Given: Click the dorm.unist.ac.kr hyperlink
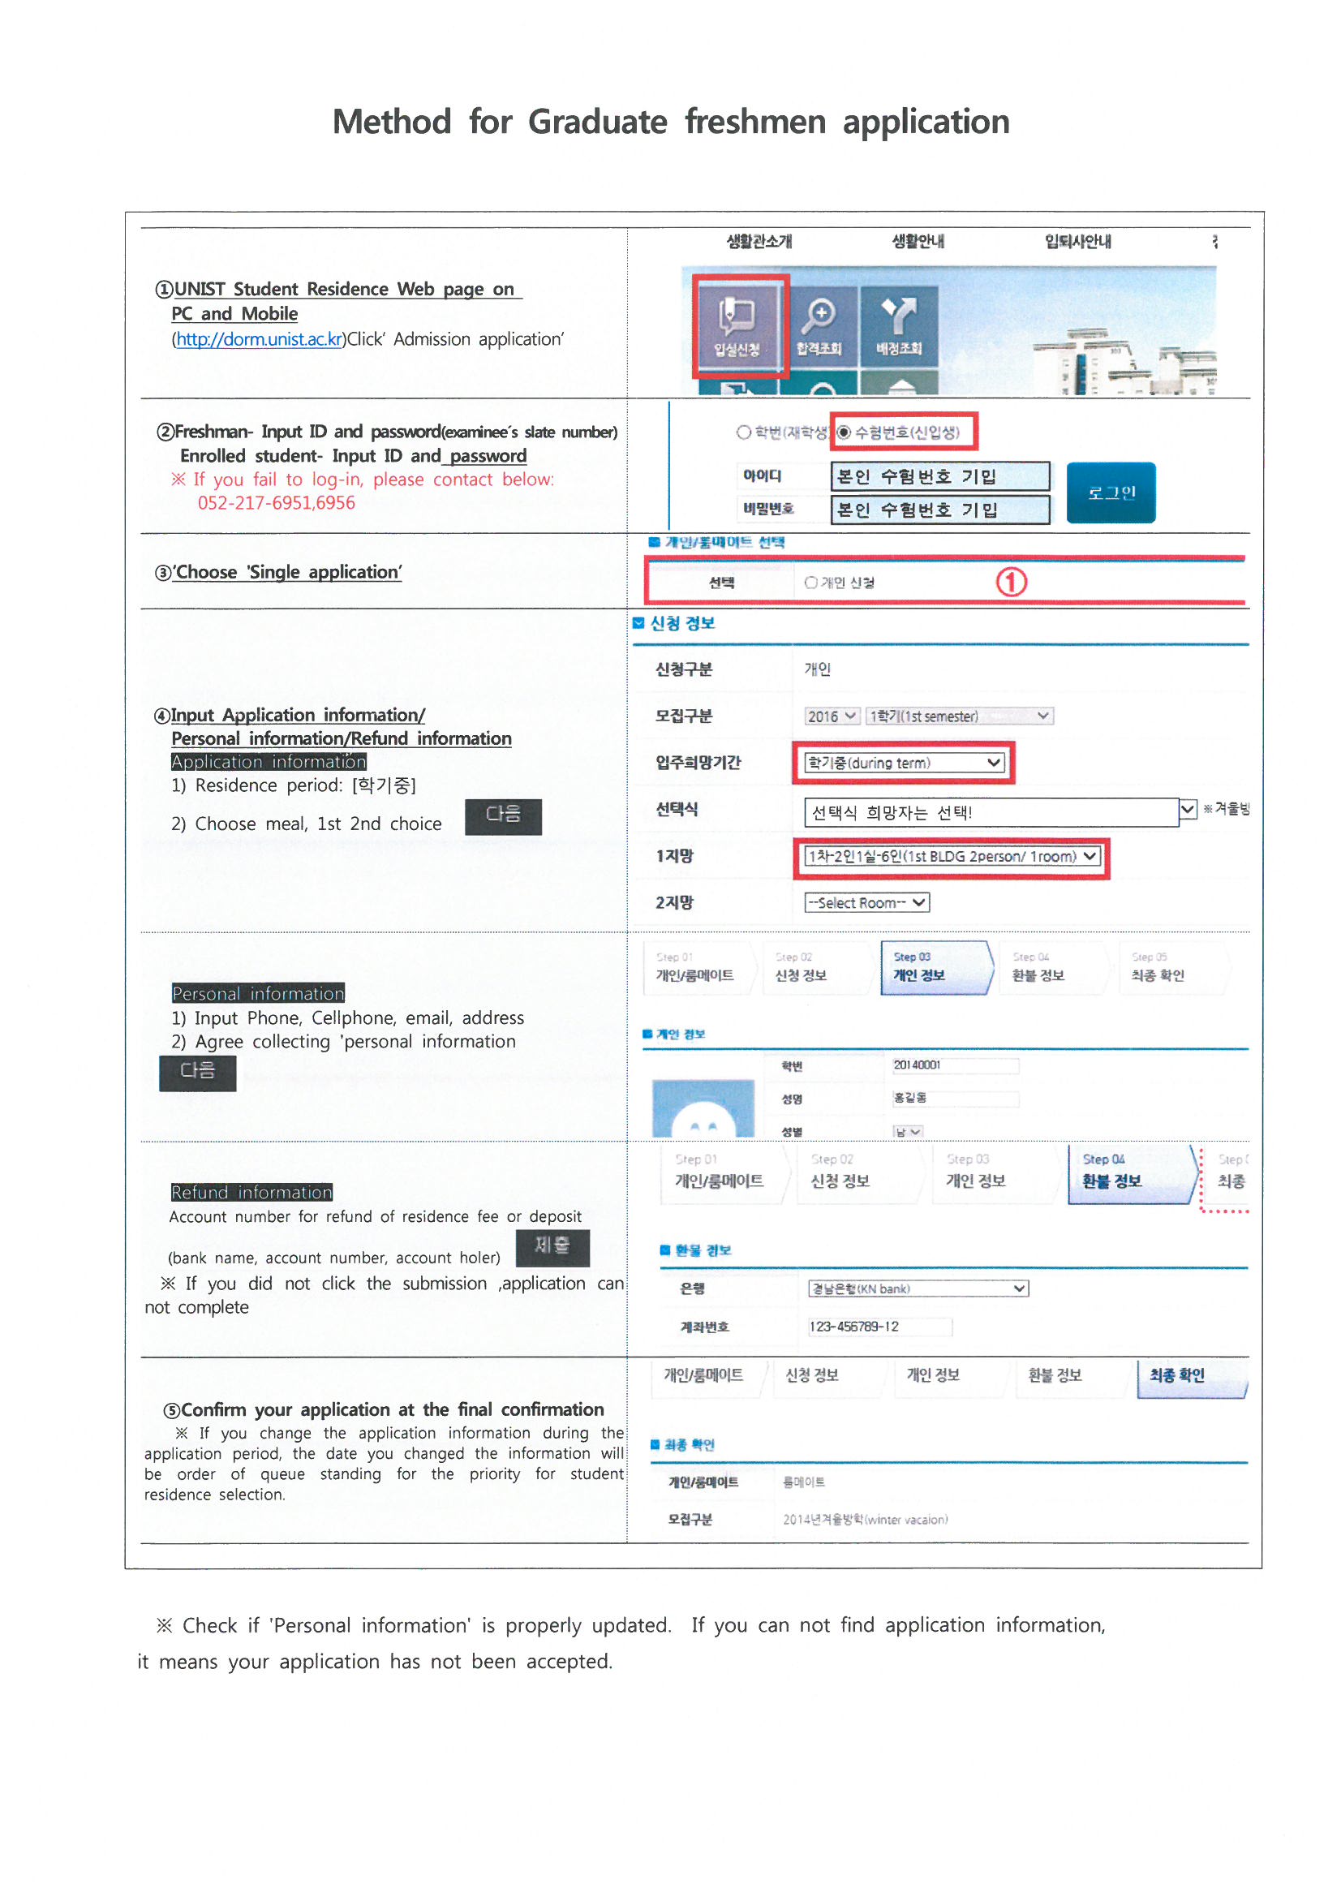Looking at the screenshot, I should coord(259,340).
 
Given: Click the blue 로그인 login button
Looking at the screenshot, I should coord(1111,493).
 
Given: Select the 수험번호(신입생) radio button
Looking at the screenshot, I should coord(844,432).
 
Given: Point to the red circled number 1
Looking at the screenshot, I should coord(1011,582).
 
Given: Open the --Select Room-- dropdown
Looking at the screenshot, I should coord(866,903).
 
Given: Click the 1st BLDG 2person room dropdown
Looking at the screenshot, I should coord(952,857).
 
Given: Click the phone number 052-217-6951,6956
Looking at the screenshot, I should coord(276,503).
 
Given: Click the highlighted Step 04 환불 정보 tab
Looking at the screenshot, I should coord(1130,1173).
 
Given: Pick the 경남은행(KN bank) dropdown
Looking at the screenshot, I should coord(918,1289).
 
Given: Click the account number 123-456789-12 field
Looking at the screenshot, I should coord(879,1327).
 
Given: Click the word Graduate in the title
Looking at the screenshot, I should coord(597,123).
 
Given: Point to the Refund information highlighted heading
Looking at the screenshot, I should coord(251,1192).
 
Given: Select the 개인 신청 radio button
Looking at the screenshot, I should coord(811,583).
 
